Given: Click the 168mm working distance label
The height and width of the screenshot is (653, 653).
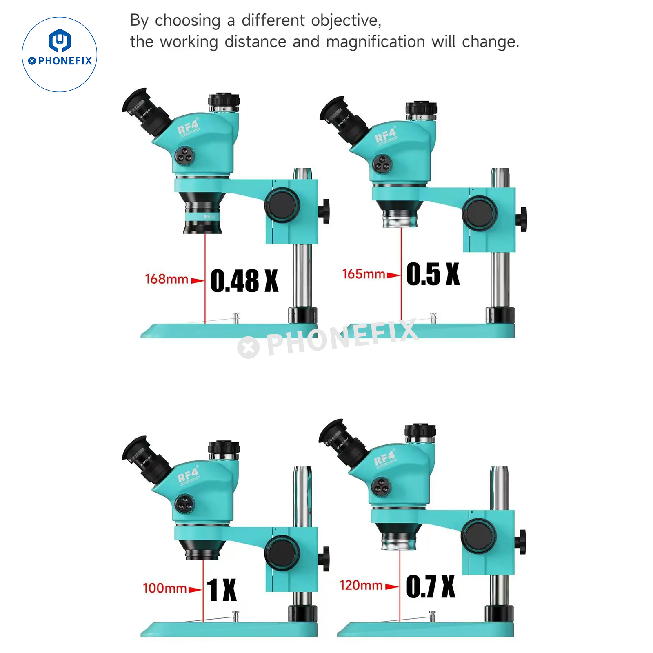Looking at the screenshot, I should [167, 279].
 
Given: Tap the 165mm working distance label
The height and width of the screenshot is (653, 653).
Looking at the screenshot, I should [363, 274].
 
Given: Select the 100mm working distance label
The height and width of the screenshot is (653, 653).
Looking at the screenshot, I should [164, 588].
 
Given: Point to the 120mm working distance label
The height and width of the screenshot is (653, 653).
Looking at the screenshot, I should [361, 585].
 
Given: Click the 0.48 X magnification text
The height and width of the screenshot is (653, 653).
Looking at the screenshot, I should [244, 281].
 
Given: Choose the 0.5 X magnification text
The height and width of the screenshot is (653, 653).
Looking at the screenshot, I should [433, 274].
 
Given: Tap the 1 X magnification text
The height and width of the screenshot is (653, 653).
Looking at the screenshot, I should [222, 589].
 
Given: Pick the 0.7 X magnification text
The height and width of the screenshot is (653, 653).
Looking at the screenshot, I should [431, 586].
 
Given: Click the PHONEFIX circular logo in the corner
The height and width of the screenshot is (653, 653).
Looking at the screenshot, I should [60, 54].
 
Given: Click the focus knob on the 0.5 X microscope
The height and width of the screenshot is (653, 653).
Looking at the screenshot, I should [480, 213].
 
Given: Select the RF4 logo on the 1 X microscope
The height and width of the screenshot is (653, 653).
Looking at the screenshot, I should [188, 475].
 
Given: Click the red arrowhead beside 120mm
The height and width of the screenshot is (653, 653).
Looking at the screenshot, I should [392, 587].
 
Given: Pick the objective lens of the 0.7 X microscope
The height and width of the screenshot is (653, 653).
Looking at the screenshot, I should [399, 537].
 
